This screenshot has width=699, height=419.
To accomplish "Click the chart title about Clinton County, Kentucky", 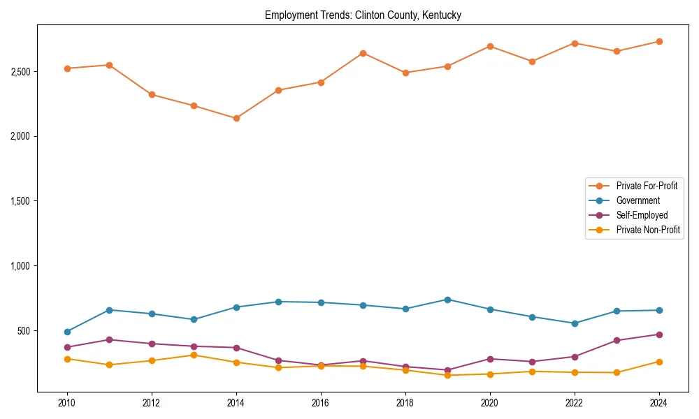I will point(363,15).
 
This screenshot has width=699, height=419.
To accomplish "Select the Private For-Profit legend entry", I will point(642,186).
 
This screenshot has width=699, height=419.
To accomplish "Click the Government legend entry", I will point(637,200).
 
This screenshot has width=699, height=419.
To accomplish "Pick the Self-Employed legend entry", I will point(642,215).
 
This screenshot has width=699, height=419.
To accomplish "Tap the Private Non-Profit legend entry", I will point(648,230).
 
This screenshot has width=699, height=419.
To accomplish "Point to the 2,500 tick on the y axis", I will point(20,72).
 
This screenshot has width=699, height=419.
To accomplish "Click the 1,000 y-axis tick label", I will point(20,266).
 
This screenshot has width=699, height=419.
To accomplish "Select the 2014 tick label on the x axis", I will point(236,403).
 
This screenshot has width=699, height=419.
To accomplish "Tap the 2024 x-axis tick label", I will point(658,403).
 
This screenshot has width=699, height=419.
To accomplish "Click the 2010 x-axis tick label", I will point(67,403).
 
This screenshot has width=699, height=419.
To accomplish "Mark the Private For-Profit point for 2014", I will point(236,118).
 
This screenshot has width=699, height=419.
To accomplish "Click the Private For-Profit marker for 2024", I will point(658,41).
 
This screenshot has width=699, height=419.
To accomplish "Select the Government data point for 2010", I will point(67,332).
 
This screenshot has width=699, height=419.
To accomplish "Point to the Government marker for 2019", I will point(447,300).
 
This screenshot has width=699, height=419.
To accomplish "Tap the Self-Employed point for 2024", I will point(658,335).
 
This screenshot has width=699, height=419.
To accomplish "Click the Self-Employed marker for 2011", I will point(110,339).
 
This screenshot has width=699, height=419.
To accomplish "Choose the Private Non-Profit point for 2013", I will point(194,355).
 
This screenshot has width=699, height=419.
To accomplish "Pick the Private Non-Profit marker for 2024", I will point(658,362).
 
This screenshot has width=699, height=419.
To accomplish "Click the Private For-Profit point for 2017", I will point(363,53).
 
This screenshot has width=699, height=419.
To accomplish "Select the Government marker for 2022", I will point(575,323).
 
